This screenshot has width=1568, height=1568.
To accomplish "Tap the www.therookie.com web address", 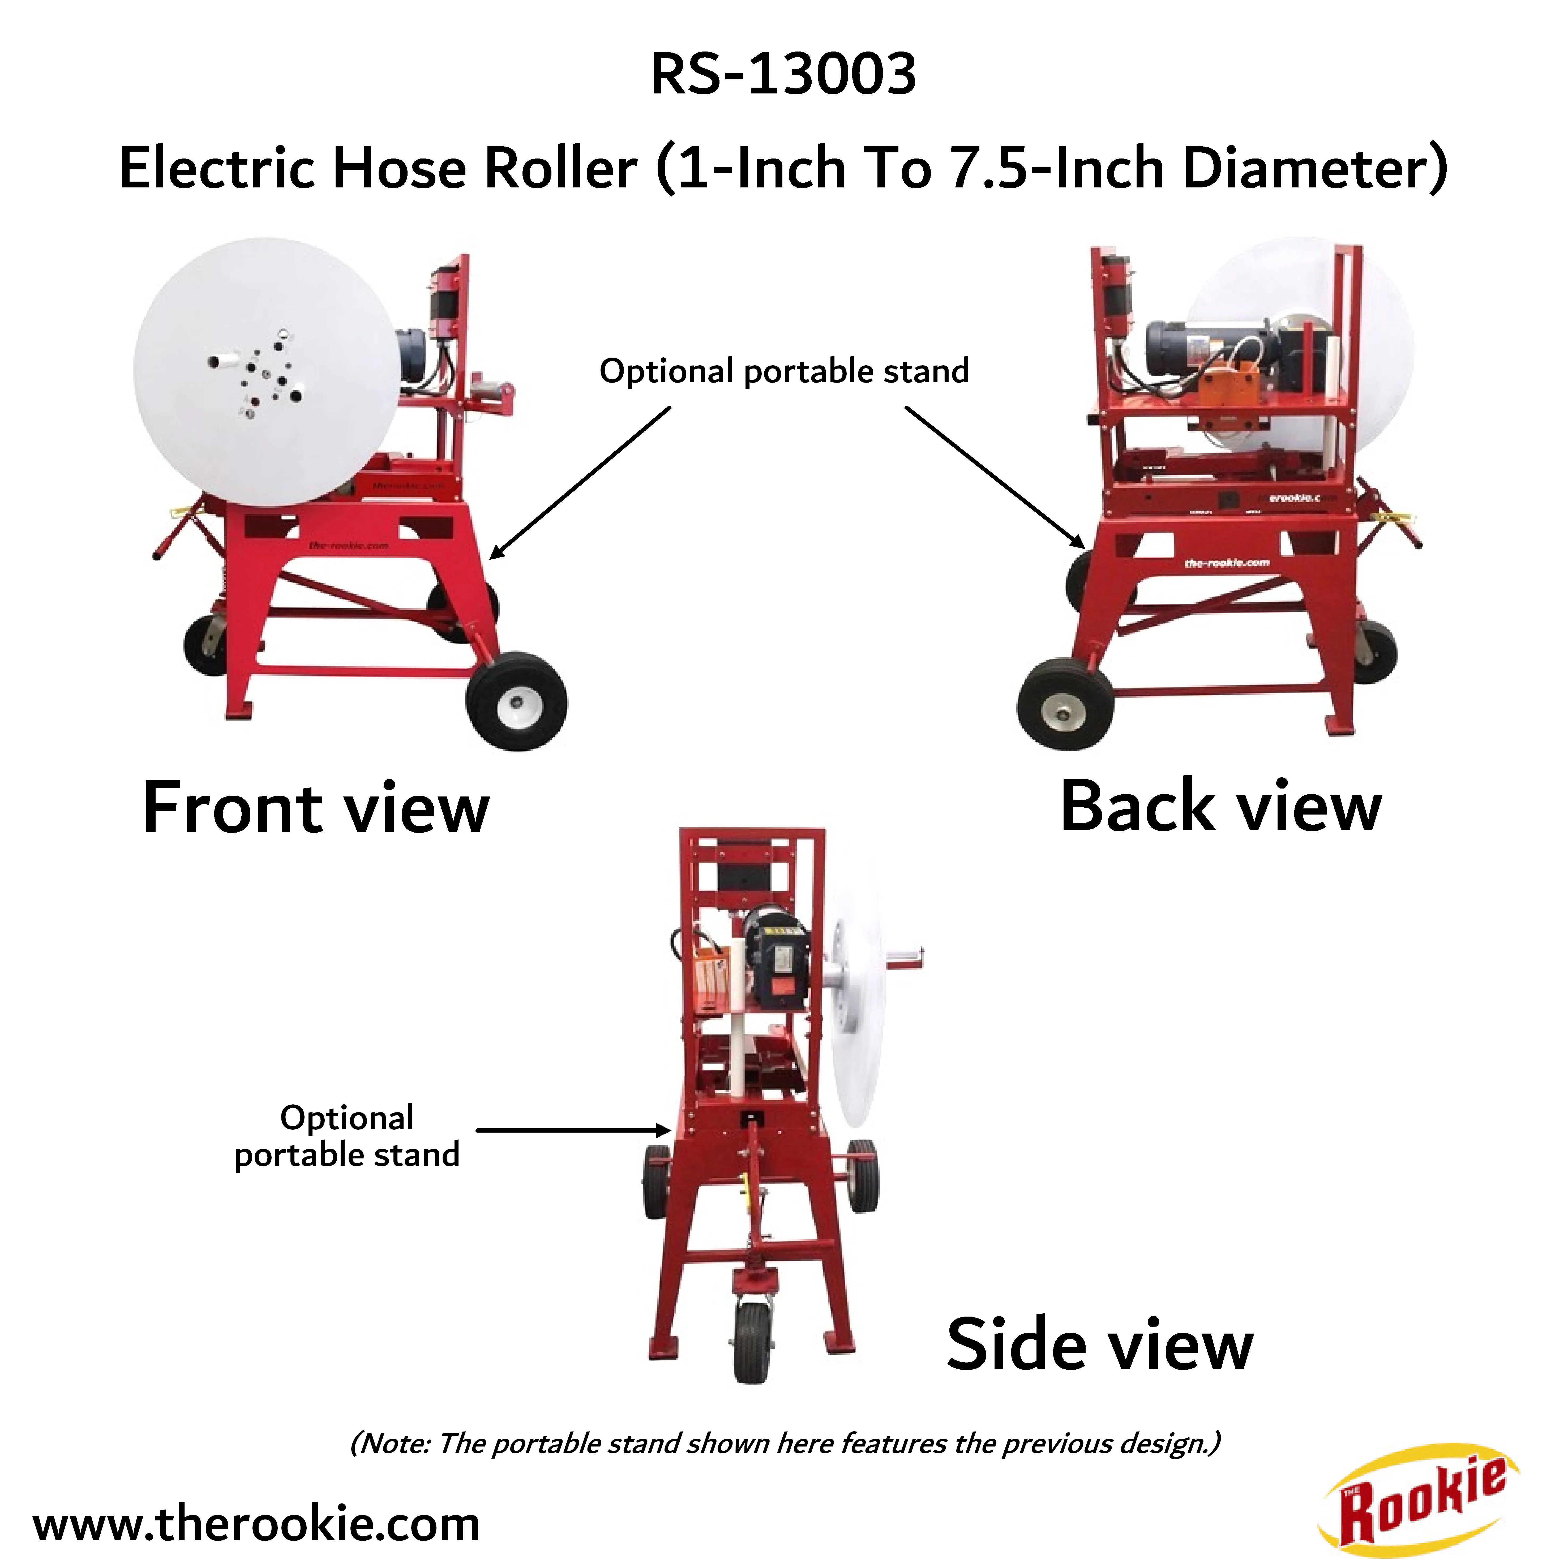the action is pos(256,1523).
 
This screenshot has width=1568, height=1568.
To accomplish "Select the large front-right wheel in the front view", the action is pos(517,701).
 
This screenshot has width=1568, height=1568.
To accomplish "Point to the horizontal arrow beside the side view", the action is pos(573,1130).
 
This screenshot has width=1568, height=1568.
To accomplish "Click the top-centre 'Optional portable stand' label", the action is pos(784,371).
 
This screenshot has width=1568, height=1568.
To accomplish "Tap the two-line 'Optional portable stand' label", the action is pos(347,1136).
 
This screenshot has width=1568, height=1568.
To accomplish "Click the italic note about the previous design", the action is pos(785,1443).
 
